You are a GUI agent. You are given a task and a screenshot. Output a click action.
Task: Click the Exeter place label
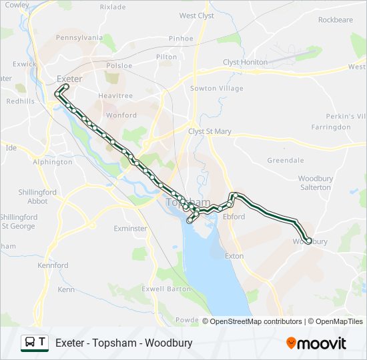(x=69, y=79)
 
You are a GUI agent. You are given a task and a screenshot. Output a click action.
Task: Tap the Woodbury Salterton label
(x=314, y=183)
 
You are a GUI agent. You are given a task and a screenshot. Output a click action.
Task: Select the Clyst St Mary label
(x=210, y=131)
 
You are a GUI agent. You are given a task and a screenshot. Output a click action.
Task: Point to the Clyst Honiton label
(x=245, y=62)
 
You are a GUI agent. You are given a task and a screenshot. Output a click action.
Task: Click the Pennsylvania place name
(x=79, y=38)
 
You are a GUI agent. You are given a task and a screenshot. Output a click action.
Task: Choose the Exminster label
(x=130, y=228)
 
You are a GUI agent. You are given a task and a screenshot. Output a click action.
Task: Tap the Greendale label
(x=285, y=160)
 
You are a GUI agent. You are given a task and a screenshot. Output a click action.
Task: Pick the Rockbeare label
(x=335, y=20)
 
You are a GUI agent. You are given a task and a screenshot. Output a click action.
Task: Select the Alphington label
(x=52, y=161)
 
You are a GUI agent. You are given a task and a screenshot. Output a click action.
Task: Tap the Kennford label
(x=53, y=265)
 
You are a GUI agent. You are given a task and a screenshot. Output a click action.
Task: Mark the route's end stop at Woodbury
(x=308, y=241)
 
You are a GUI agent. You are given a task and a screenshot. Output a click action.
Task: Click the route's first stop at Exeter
(x=66, y=87)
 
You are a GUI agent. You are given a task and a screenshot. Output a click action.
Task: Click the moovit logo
(x=316, y=343)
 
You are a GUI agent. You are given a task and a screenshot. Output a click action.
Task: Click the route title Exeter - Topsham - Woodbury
(x=124, y=343)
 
